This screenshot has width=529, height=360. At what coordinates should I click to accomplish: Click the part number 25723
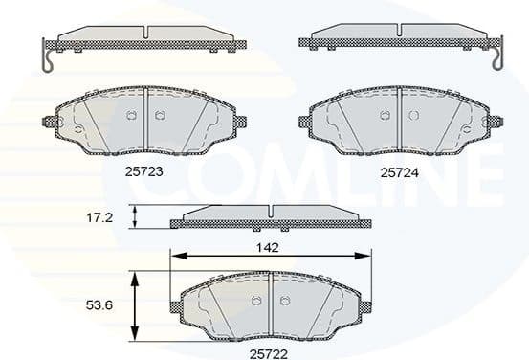pyautogui.click(x=143, y=171)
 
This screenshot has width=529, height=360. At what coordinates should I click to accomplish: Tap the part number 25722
pyautogui.click(x=270, y=353)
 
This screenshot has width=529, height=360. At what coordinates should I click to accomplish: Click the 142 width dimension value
pyautogui.click(x=269, y=245)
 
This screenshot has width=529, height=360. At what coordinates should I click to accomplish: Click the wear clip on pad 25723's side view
pyautogui.click(x=47, y=59)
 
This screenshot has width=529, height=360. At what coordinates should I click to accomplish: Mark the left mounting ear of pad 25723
pyautogui.click(x=50, y=122)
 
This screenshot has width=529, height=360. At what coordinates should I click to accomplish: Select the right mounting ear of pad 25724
pyautogui.click(x=496, y=122)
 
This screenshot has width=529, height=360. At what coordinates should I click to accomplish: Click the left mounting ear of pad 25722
pyautogui.click(x=176, y=306)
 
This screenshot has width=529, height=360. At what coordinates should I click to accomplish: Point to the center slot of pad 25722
pyautogui.click(x=271, y=304)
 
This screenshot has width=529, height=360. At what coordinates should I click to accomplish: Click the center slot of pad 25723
pyautogui.click(x=143, y=121)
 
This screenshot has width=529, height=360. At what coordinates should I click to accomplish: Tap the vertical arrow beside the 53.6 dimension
pyautogui.click(x=136, y=304)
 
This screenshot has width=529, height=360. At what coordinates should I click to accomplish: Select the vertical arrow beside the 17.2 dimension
pyautogui.click(x=136, y=216)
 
